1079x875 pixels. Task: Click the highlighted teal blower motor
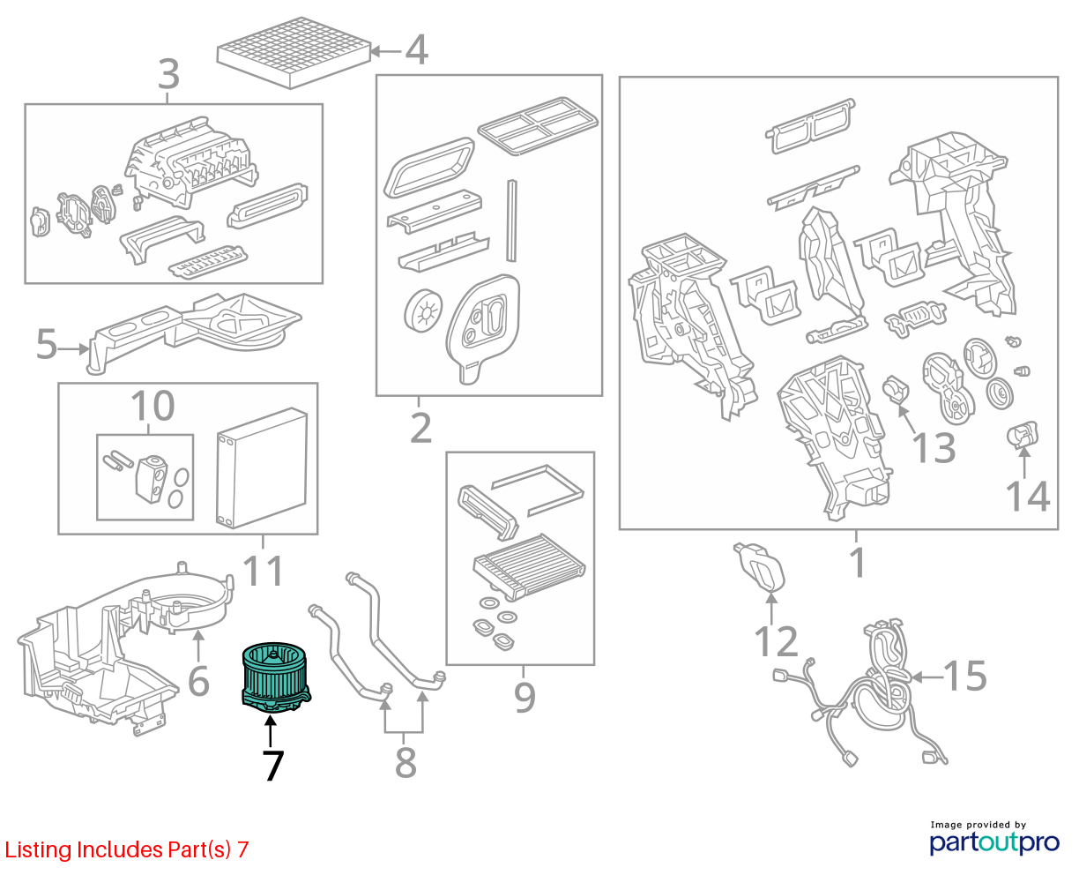275,677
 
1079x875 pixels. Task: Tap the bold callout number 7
272,766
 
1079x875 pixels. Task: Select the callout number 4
416,50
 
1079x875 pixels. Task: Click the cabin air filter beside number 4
294,53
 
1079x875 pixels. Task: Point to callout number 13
934,448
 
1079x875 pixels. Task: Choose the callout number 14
1027,497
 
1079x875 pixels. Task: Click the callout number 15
965,676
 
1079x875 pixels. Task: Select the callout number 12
776,641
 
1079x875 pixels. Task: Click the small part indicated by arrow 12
759,567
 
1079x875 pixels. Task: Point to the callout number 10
153,406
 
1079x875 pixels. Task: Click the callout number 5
46,344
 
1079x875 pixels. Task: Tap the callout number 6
198,681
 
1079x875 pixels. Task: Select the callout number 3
168,74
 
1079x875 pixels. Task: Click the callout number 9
525,698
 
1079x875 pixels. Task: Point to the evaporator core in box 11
262,467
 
